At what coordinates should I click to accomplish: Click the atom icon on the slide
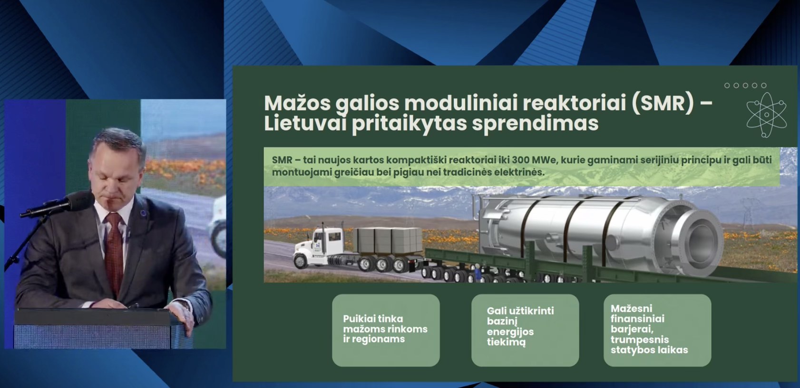coord(766,115)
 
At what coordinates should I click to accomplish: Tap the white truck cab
coord(319,246)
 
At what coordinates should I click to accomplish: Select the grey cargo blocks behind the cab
coord(388,240)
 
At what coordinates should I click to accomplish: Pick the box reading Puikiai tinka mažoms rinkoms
coord(386,330)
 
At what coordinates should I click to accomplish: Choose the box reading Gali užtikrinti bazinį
coord(525,330)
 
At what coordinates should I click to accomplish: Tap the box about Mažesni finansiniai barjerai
coord(657,330)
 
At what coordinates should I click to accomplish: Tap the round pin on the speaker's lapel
coord(143,213)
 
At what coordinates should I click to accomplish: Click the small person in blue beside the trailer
coord(478,272)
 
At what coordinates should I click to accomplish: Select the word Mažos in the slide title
coord(297,104)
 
